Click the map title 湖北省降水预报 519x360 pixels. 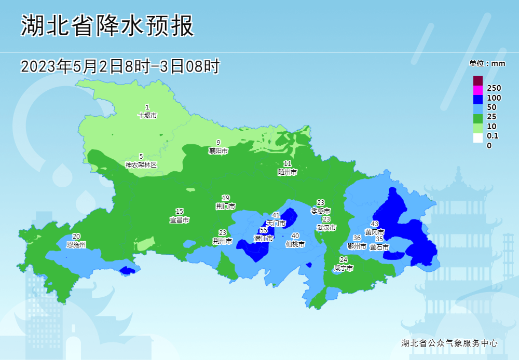point(107,25)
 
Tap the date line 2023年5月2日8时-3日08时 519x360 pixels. point(120,66)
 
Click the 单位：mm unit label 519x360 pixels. point(487,63)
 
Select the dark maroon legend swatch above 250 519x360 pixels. point(477,80)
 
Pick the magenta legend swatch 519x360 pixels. point(477,90)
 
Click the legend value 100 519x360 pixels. point(494,98)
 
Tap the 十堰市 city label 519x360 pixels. point(147,116)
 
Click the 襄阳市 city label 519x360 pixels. point(218,151)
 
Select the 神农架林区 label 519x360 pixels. point(141,164)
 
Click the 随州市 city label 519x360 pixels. point(288,172)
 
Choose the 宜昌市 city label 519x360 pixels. point(180,220)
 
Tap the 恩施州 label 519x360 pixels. point(76,244)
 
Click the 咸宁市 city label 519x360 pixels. point(344,268)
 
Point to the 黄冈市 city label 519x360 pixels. point(375,232)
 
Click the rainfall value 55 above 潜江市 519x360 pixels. point(264,230)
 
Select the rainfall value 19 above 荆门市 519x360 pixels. point(226,198)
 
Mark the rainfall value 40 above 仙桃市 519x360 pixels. point(295,236)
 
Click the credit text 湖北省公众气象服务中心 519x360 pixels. point(449,343)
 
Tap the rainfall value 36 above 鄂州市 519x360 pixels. point(357,238)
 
